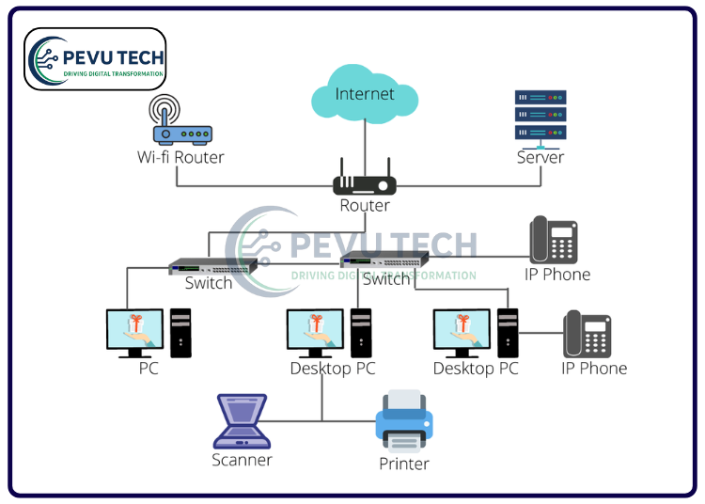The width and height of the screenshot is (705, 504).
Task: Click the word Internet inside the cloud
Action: (365, 94)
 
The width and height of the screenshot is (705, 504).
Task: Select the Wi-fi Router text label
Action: (180, 157)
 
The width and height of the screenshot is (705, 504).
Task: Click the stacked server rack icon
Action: (540, 116)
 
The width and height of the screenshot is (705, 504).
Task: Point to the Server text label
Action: (540, 157)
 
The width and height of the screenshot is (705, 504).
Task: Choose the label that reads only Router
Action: (365, 205)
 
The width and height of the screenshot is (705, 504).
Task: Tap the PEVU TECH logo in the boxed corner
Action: (95, 58)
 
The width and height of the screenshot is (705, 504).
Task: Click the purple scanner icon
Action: (242, 421)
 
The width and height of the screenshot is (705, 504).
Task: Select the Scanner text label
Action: (242, 460)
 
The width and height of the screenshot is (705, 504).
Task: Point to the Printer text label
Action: (404, 464)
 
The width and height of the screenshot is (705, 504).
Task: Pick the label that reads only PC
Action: (149, 368)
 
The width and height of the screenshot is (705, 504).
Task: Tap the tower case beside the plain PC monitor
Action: (180, 333)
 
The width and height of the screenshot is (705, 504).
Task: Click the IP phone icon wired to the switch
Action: (553, 240)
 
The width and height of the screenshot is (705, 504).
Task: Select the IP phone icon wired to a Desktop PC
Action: (587, 334)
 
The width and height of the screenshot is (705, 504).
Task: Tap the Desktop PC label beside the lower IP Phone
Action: (476, 369)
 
